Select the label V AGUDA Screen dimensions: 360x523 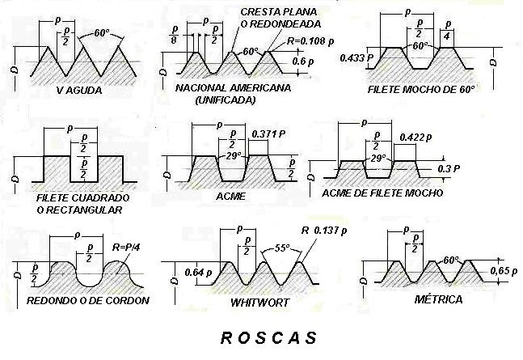click(79, 90)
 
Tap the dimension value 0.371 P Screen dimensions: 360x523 click(268, 133)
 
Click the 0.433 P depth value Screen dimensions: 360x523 click(356, 58)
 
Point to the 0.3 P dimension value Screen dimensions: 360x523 click(449, 168)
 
